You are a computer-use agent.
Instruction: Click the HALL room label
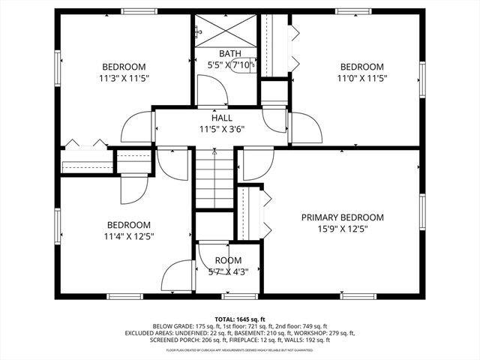[x=221, y=118]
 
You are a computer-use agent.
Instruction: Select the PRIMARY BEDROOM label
[x=342, y=217]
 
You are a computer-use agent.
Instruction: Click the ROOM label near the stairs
[x=228, y=260]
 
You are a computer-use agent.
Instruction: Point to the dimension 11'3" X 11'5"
[x=124, y=77]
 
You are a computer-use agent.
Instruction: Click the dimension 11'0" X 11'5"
[x=361, y=77]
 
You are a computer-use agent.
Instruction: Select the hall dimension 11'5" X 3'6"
[x=221, y=128]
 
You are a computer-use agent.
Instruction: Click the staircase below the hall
[x=215, y=180]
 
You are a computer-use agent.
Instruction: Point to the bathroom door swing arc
[x=214, y=90]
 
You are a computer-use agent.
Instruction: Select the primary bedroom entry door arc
[x=255, y=166]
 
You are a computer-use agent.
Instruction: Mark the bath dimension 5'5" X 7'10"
[x=228, y=64]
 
